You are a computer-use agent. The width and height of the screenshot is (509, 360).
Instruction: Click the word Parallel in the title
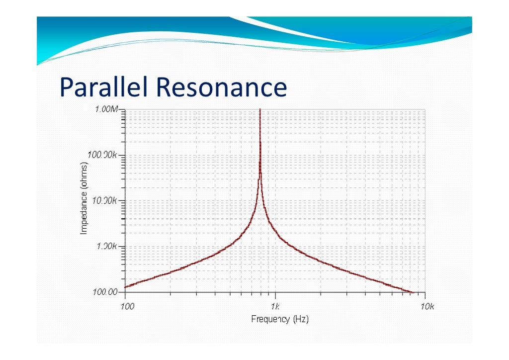point(105,88)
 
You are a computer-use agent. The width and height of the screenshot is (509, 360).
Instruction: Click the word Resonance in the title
point(222,88)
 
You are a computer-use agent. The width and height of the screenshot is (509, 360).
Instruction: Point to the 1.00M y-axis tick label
point(106,109)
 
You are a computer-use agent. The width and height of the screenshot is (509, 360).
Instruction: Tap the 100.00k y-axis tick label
point(103,155)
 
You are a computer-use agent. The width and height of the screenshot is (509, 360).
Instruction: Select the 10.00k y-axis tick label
point(104,201)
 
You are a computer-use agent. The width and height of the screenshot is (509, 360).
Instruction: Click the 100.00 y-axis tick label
point(105,292)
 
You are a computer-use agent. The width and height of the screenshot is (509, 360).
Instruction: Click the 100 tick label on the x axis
point(127,306)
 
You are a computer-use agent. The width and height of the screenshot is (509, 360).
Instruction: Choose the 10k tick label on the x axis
point(426,306)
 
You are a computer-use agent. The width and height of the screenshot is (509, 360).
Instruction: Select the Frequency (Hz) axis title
point(280,319)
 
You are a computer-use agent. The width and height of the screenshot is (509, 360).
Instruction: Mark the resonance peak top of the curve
point(260,110)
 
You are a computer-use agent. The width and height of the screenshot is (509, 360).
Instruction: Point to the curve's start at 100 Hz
point(126,286)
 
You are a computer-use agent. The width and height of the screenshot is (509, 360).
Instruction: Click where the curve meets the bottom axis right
point(412,292)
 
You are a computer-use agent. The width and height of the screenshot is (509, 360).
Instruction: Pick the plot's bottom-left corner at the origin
point(125,292)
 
